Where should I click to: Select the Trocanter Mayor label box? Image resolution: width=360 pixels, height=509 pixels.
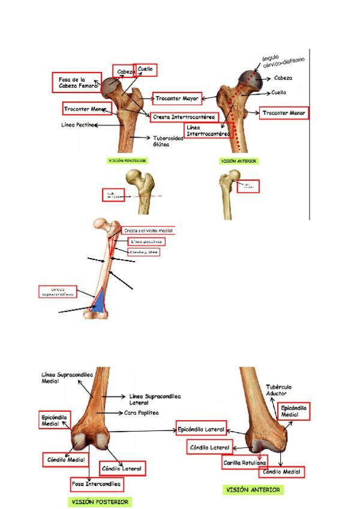[x=178, y=98]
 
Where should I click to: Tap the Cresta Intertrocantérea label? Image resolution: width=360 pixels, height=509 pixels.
[x=183, y=116]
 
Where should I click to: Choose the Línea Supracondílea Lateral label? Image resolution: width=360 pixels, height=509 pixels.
[x=155, y=399]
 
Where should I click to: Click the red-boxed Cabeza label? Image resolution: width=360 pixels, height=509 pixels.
[x=125, y=72]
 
